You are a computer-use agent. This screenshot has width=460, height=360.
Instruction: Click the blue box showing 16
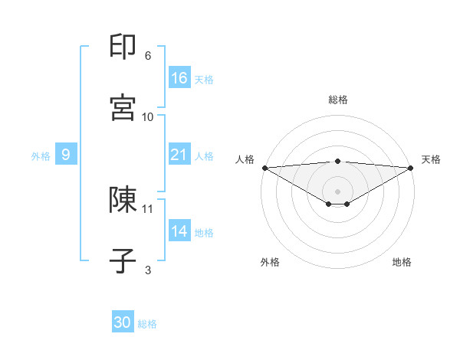[x=179, y=78]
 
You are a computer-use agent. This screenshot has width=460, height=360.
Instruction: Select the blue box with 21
[x=179, y=155]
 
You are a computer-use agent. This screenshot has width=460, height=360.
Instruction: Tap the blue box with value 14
[x=179, y=231]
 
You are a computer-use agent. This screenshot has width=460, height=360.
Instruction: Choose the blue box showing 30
[x=123, y=322]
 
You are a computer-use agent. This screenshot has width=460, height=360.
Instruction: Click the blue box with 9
[x=66, y=155]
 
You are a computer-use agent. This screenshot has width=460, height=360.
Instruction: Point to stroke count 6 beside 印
[x=148, y=56]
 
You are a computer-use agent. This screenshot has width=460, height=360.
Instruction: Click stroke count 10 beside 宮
[x=148, y=117]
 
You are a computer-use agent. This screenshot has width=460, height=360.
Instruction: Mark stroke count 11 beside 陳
[x=148, y=208]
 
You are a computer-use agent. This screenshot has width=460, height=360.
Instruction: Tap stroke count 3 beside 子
[x=148, y=270]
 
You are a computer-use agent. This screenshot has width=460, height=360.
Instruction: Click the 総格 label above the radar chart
[x=337, y=100]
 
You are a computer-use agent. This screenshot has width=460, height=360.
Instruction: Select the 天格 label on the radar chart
[x=431, y=159]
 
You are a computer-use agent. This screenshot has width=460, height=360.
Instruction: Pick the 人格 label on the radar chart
[x=245, y=159]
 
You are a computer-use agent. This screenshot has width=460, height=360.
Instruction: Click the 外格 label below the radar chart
[x=270, y=262]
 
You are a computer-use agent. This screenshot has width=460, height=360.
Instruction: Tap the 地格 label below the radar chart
[x=402, y=262]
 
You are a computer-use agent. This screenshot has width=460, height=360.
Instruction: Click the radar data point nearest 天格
[x=411, y=167]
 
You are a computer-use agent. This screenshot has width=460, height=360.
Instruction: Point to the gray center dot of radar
[x=337, y=191]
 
